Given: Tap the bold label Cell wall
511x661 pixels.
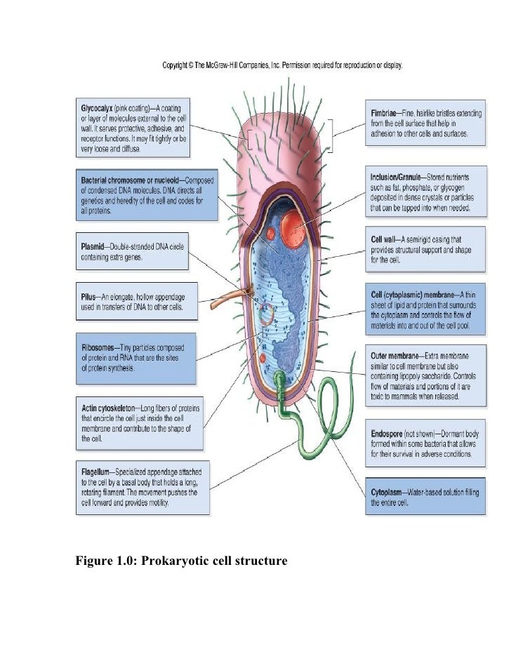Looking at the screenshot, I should pos(385,239).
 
